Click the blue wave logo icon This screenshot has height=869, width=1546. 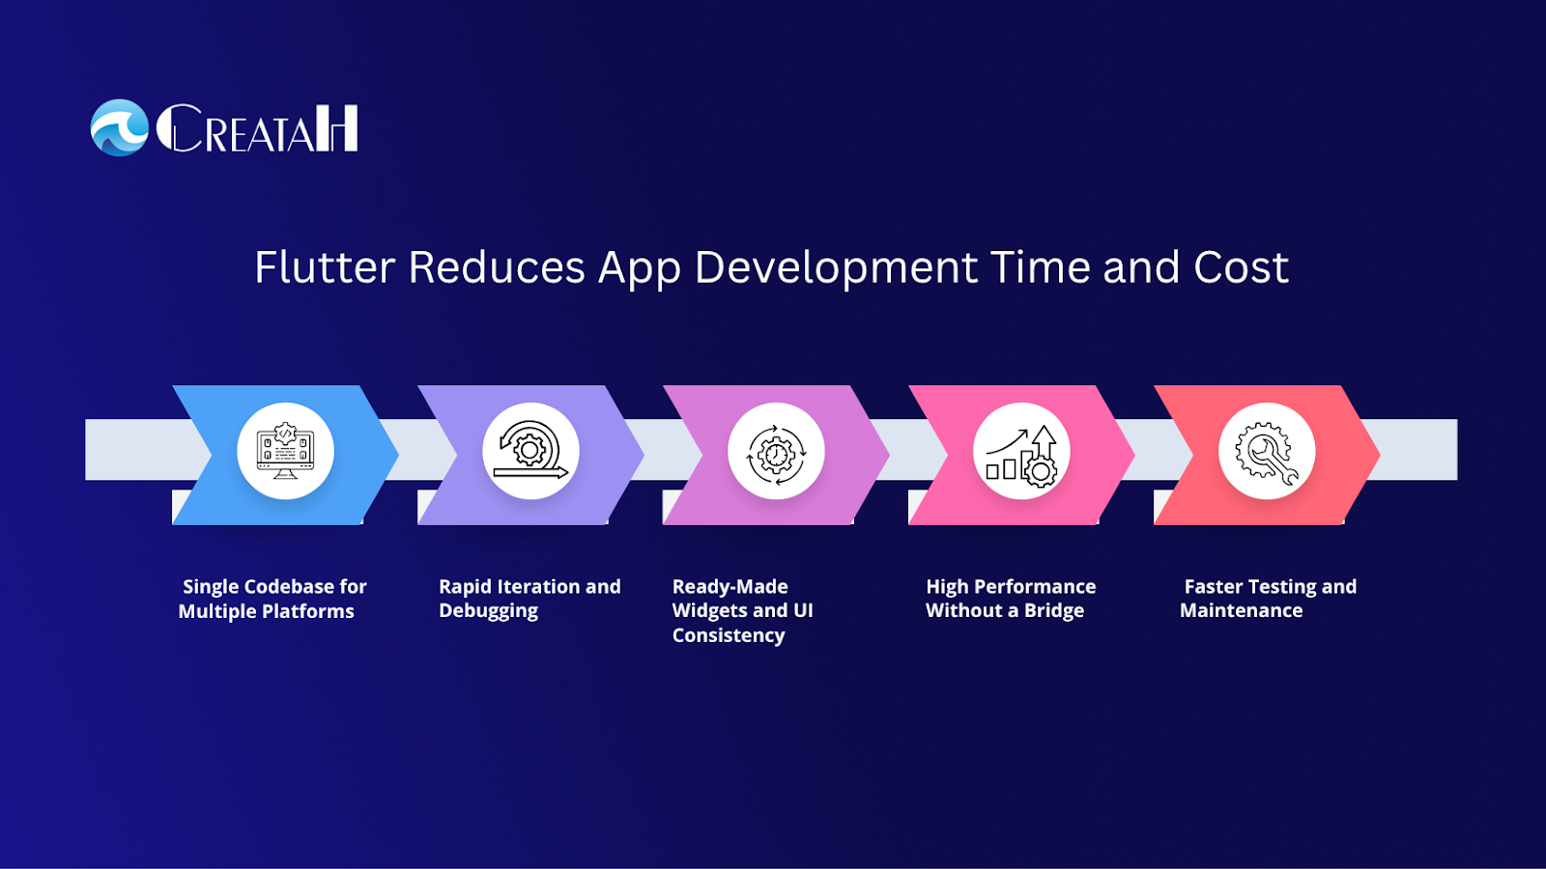tap(120, 127)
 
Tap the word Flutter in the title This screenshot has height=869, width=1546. tap(325, 266)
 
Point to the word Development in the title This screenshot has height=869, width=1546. tap(836, 268)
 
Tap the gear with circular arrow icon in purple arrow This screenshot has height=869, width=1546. tap(530, 450)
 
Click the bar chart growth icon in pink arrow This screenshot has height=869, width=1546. tap(1021, 456)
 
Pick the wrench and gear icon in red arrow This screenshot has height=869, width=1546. tap(1267, 454)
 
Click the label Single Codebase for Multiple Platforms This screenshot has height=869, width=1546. tap(272, 599)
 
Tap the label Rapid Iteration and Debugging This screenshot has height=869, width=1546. tap(530, 599)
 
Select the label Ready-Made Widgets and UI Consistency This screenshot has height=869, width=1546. tap(743, 610)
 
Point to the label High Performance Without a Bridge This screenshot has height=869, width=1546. tap(1011, 599)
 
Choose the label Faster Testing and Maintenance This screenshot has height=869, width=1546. tap(1268, 599)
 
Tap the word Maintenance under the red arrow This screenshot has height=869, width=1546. tap(1241, 610)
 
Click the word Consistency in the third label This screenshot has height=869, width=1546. tap(729, 635)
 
